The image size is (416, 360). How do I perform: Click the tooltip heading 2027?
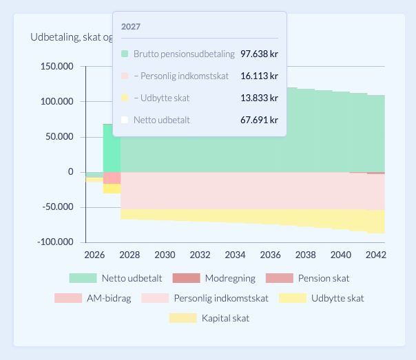131,27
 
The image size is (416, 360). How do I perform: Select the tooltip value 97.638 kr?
259,54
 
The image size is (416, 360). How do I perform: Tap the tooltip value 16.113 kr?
259,76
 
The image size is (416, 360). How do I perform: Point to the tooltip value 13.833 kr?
259,98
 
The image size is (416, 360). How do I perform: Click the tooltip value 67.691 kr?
259,120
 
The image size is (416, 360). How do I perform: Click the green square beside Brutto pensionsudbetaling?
125,54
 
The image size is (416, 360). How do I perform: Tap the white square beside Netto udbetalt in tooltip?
125,120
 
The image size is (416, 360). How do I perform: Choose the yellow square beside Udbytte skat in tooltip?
125,98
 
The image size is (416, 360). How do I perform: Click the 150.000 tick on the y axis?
56,66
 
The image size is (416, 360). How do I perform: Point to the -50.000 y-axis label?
58,207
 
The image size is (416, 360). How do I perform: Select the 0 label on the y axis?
70,172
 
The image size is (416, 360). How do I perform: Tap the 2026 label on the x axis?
94,255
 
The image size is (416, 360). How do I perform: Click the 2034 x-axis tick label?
235,255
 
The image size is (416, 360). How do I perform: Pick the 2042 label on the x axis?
375,255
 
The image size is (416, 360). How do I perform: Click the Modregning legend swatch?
186,278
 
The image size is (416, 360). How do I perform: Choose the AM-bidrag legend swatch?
68,298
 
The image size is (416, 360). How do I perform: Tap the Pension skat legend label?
324,278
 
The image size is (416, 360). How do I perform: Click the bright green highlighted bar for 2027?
112,148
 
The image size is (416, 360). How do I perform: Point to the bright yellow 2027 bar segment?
112,189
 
